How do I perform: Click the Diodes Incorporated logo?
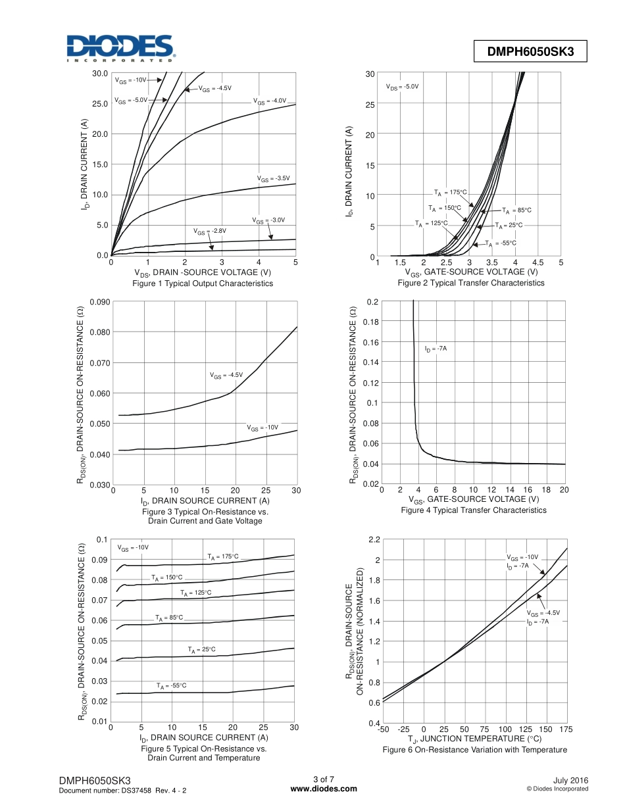[119, 48]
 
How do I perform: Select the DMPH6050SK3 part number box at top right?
[530, 52]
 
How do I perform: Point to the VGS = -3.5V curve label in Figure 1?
[273, 178]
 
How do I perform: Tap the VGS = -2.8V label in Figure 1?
[210, 232]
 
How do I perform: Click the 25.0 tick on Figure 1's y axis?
[101, 104]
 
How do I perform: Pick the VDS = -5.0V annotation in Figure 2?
[402, 87]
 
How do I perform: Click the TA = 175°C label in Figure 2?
[450, 192]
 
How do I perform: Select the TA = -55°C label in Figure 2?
[501, 243]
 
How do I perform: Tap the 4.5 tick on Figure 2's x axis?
[537, 263]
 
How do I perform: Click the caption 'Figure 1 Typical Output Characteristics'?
[203, 283]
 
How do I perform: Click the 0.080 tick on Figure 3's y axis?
[100, 332]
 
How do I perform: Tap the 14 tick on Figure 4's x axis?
[510, 490]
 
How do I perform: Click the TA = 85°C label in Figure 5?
[169, 618]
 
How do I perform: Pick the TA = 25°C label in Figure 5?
[201, 649]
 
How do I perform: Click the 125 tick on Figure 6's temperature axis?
[526, 729]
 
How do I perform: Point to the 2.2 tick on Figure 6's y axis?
[374, 539]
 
